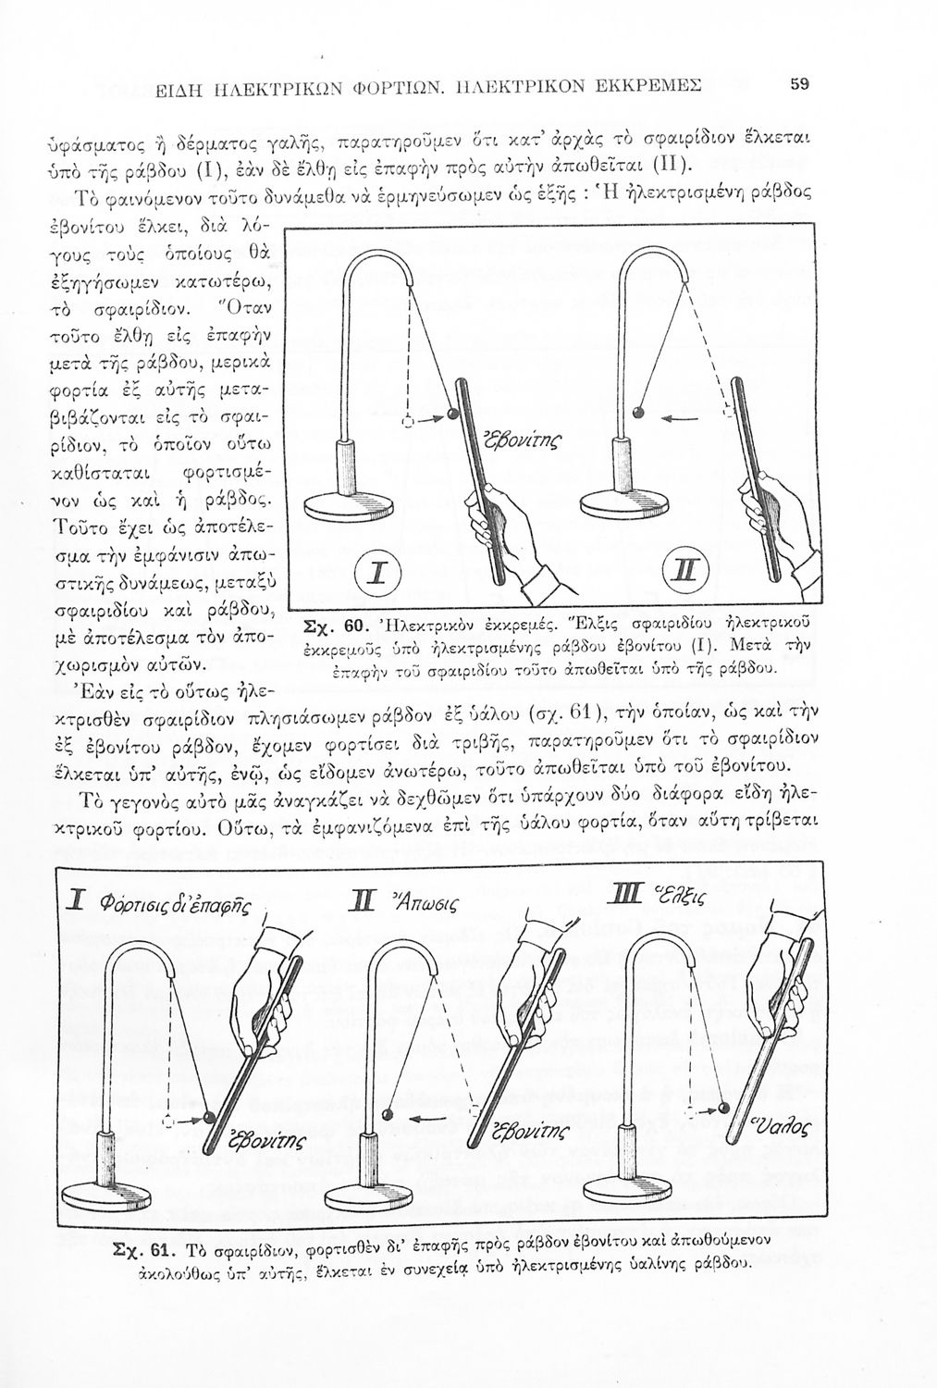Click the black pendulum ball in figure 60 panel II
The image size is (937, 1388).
tap(638, 412)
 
